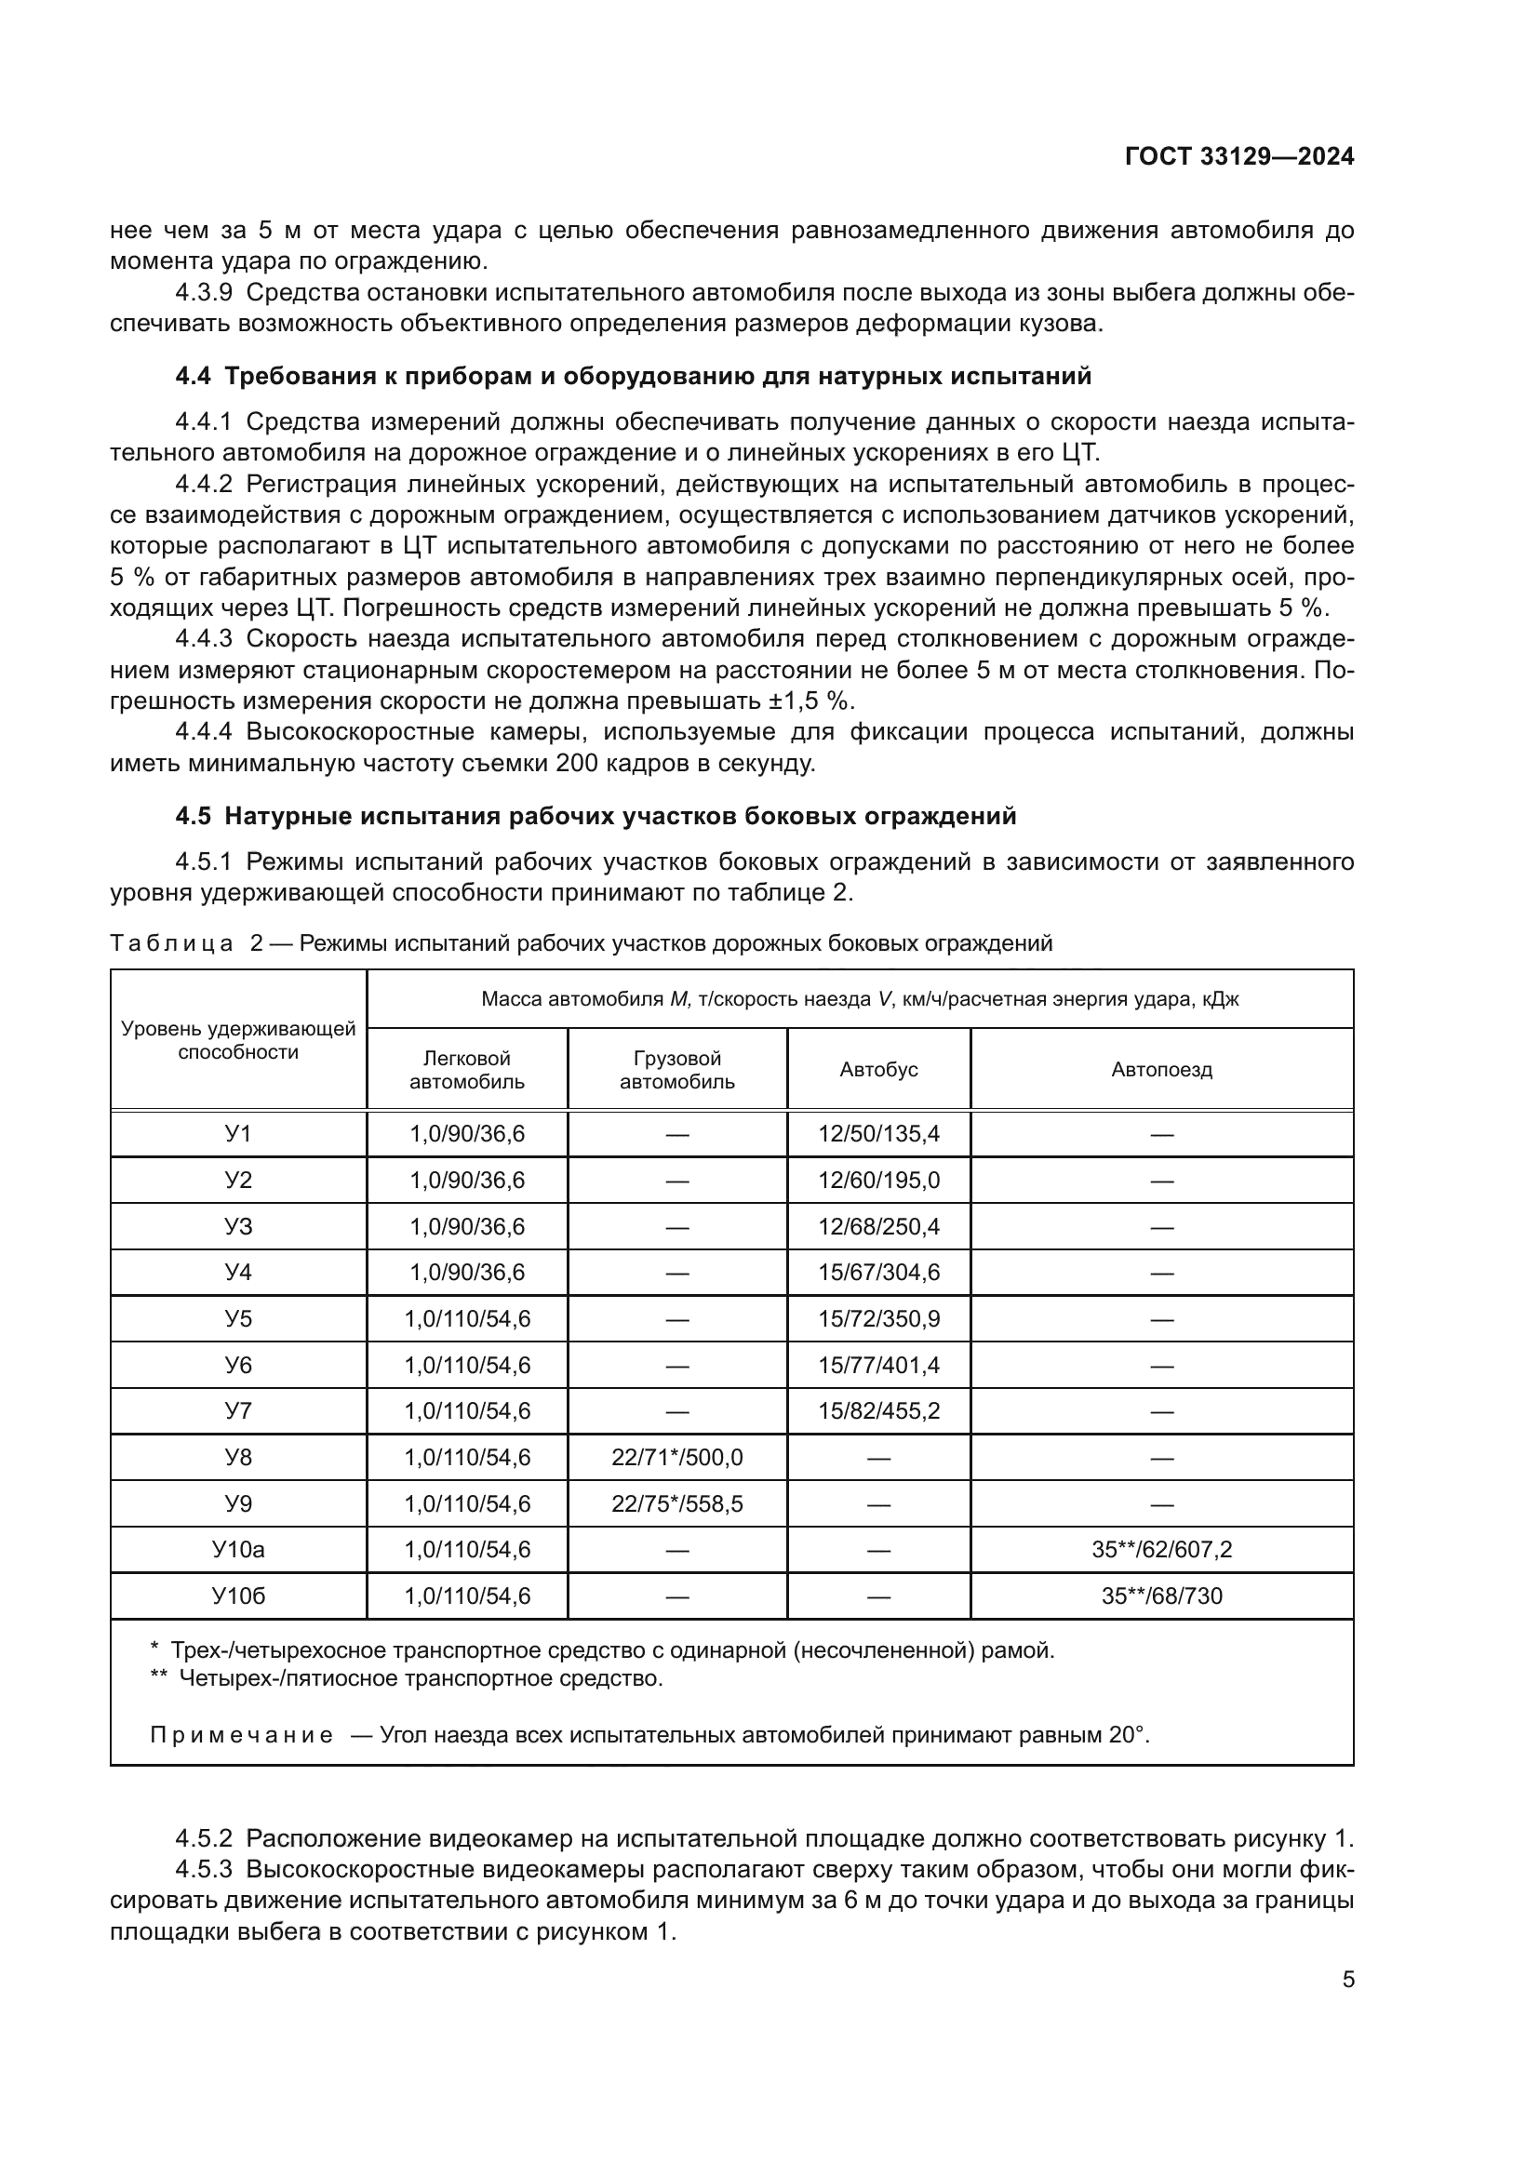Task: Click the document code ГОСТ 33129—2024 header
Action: (x=1238, y=157)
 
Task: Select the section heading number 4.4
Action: (x=193, y=376)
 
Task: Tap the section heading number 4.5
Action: (x=193, y=816)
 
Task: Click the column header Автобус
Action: (x=878, y=1070)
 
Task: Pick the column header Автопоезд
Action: (x=1161, y=1070)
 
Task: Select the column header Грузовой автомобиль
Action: (x=676, y=1070)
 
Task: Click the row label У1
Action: (x=238, y=1134)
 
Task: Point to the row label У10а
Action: (x=238, y=1551)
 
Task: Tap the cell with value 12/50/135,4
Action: (x=878, y=1134)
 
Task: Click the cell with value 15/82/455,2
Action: (x=878, y=1411)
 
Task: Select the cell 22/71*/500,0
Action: (x=676, y=1458)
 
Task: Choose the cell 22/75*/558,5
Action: (x=676, y=1504)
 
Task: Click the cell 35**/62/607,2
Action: (x=1161, y=1551)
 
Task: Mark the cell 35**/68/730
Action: (x=1161, y=1597)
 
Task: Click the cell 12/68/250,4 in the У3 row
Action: (x=878, y=1227)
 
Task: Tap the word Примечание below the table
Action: (x=242, y=1735)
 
